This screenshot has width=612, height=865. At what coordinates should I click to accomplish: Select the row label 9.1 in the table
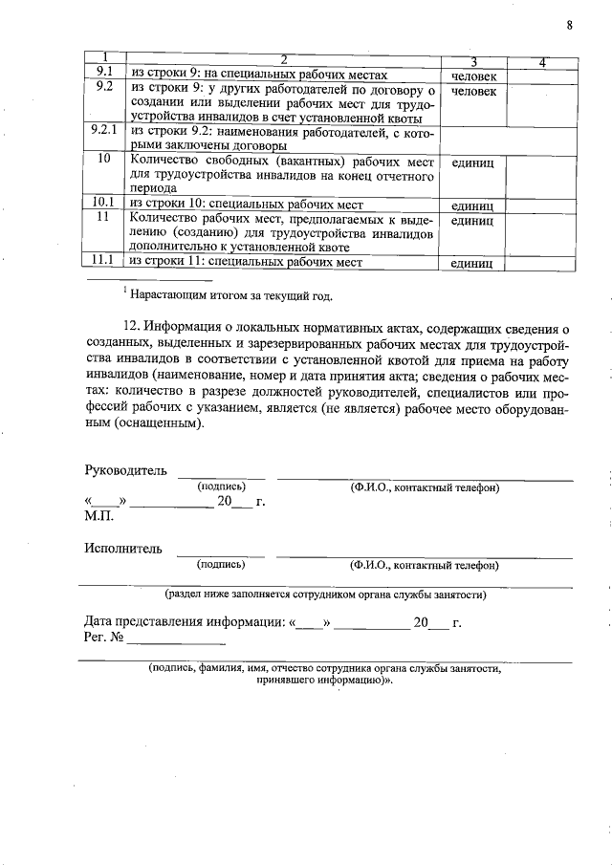(x=105, y=74)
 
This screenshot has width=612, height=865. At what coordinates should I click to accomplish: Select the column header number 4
(x=541, y=62)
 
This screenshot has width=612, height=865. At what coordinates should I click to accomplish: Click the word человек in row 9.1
(x=474, y=75)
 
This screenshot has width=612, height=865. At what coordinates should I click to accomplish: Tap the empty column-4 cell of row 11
(x=541, y=232)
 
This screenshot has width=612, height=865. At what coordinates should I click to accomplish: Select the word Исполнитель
(x=122, y=549)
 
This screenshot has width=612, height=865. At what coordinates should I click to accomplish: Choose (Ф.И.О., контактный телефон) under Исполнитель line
(x=425, y=565)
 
